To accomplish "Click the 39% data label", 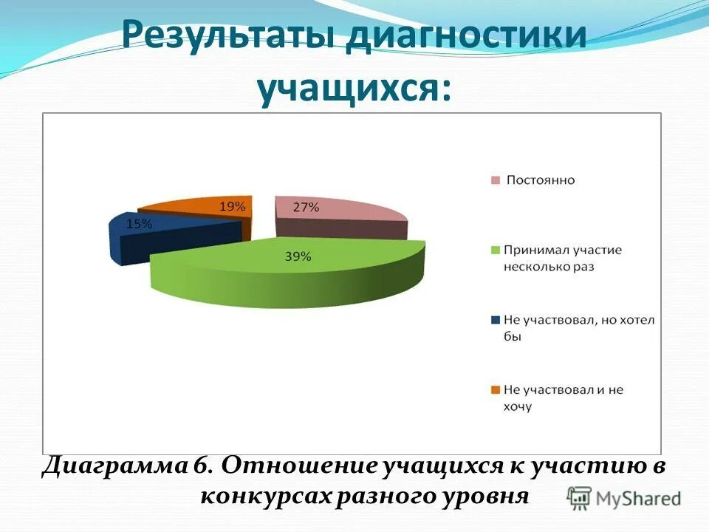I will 298,256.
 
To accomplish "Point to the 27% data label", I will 306,208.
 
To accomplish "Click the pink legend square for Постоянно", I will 496,180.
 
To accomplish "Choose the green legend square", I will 496,250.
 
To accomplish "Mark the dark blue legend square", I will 496,319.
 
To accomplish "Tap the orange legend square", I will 496,389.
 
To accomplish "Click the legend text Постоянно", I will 541,180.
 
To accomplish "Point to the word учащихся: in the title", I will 354,89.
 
